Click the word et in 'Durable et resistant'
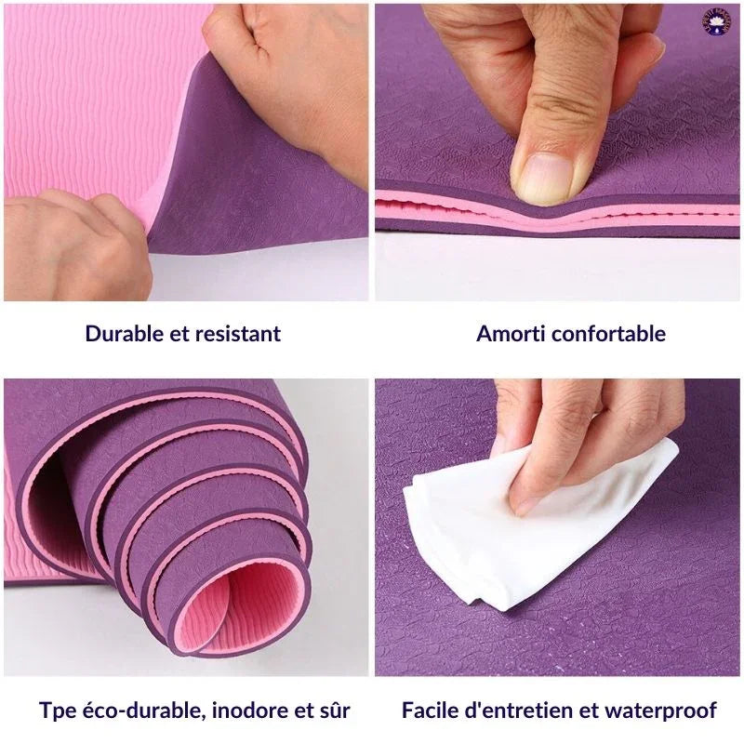[x=179, y=334]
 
